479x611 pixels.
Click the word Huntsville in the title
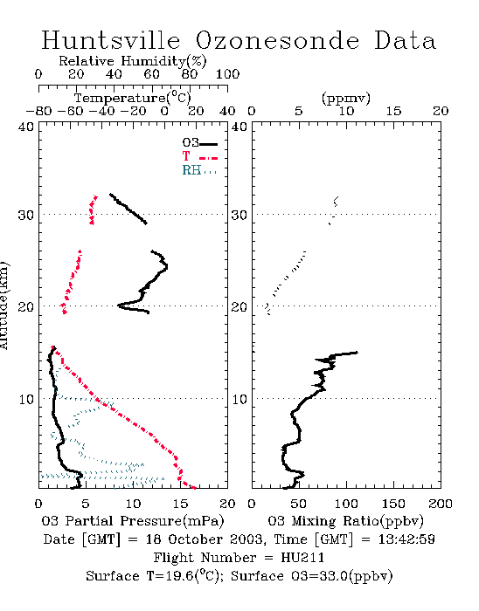pyautogui.click(x=111, y=40)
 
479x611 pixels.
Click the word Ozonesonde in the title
pyautogui.click(x=277, y=40)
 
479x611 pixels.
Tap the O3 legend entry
pyautogui.click(x=199, y=143)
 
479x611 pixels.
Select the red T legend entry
pyautogui.click(x=199, y=156)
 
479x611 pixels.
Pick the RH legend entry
pyautogui.click(x=199, y=170)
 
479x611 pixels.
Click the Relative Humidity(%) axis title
pyautogui.click(x=133, y=61)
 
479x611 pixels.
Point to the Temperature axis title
pyautogui.click(x=133, y=98)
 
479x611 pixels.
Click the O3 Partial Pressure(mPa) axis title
pyautogui.click(x=133, y=521)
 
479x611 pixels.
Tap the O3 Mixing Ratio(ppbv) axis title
pyautogui.click(x=345, y=521)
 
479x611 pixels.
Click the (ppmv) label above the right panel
pyautogui.click(x=346, y=98)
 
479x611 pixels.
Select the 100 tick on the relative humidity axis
pyautogui.click(x=227, y=74)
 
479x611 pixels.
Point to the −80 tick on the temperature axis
pyautogui.click(x=38, y=112)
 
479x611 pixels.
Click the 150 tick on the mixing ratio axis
pyautogui.click(x=393, y=504)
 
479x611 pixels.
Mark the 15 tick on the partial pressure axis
pyautogui.click(x=180, y=504)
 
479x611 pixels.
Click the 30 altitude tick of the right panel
pyautogui.click(x=239, y=215)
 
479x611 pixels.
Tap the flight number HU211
pyautogui.click(x=302, y=558)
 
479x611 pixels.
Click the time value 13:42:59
pyautogui.click(x=406, y=539)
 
